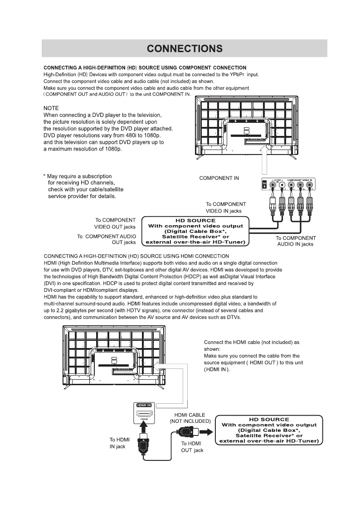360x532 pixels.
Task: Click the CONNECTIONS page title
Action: pos(185,48)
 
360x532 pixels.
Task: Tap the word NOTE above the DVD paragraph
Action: pos(51,109)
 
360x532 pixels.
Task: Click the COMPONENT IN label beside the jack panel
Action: pos(219,178)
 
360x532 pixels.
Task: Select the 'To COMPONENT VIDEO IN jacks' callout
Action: pos(226,208)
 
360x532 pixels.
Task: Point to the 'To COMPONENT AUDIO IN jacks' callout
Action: pos(296,241)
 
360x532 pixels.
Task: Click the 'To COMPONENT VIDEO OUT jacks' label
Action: pos(115,223)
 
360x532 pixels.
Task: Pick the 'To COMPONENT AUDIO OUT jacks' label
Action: pos(106,239)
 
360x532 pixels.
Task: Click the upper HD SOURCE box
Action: pos(195,231)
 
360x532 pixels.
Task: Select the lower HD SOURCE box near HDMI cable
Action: pos(269,430)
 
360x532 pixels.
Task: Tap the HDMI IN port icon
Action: pos(143,414)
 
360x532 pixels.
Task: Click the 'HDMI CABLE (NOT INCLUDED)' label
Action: pos(190,418)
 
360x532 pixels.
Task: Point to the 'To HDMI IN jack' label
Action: pos(120,443)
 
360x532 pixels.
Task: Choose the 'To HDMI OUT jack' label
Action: pos(192,446)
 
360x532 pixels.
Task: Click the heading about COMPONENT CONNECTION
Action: pos(145,68)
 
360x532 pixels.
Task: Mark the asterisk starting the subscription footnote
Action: pos(44,176)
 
